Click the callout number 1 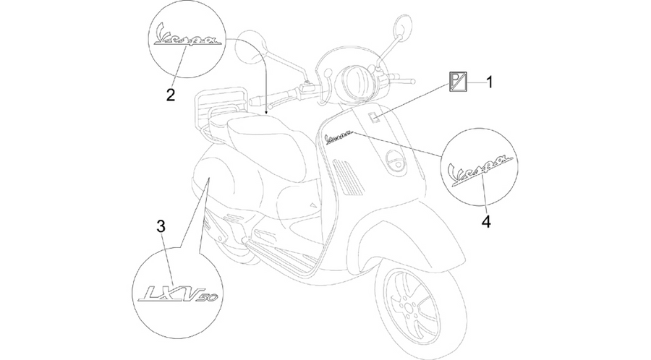[490, 82]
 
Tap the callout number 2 [170, 95]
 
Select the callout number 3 [161, 226]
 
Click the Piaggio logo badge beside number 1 [458, 81]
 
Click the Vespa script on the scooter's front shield [339, 137]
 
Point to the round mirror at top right [401, 27]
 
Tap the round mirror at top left [249, 48]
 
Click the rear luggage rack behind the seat [213, 108]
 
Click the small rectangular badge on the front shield [374, 118]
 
